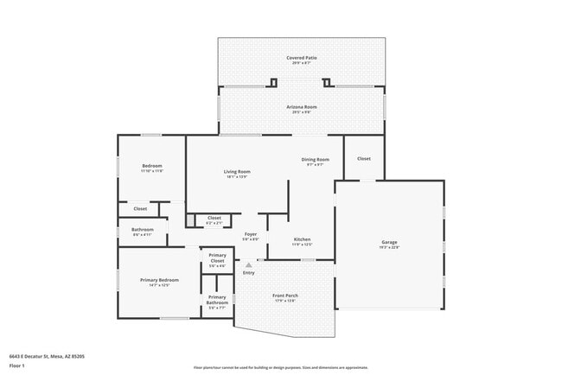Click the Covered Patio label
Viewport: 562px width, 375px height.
click(x=302, y=58)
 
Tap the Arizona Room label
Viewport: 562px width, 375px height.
click(x=302, y=107)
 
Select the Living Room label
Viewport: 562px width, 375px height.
click(x=238, y=172)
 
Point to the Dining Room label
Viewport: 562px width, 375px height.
click(x=315, y=160)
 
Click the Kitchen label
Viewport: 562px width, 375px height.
click(x=302, y=239)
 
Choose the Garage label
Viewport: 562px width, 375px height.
click(x=390, y=242)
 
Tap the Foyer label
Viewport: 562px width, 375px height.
click(x=251, y=234)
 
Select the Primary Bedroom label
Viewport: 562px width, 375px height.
click(x=159, y=280)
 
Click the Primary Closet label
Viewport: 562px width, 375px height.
click(x=217, y=259)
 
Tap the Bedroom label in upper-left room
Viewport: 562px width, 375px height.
click(x=151, y=166)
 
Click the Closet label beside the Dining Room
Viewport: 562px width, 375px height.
click(x=364, y=159)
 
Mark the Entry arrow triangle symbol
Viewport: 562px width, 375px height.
click(x=249, y=265)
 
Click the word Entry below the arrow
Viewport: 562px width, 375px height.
click(x=249, y=273)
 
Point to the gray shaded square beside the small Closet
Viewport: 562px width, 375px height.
click(x=190, y=220)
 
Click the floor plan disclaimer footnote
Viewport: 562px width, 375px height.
click(x=281, y=366)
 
